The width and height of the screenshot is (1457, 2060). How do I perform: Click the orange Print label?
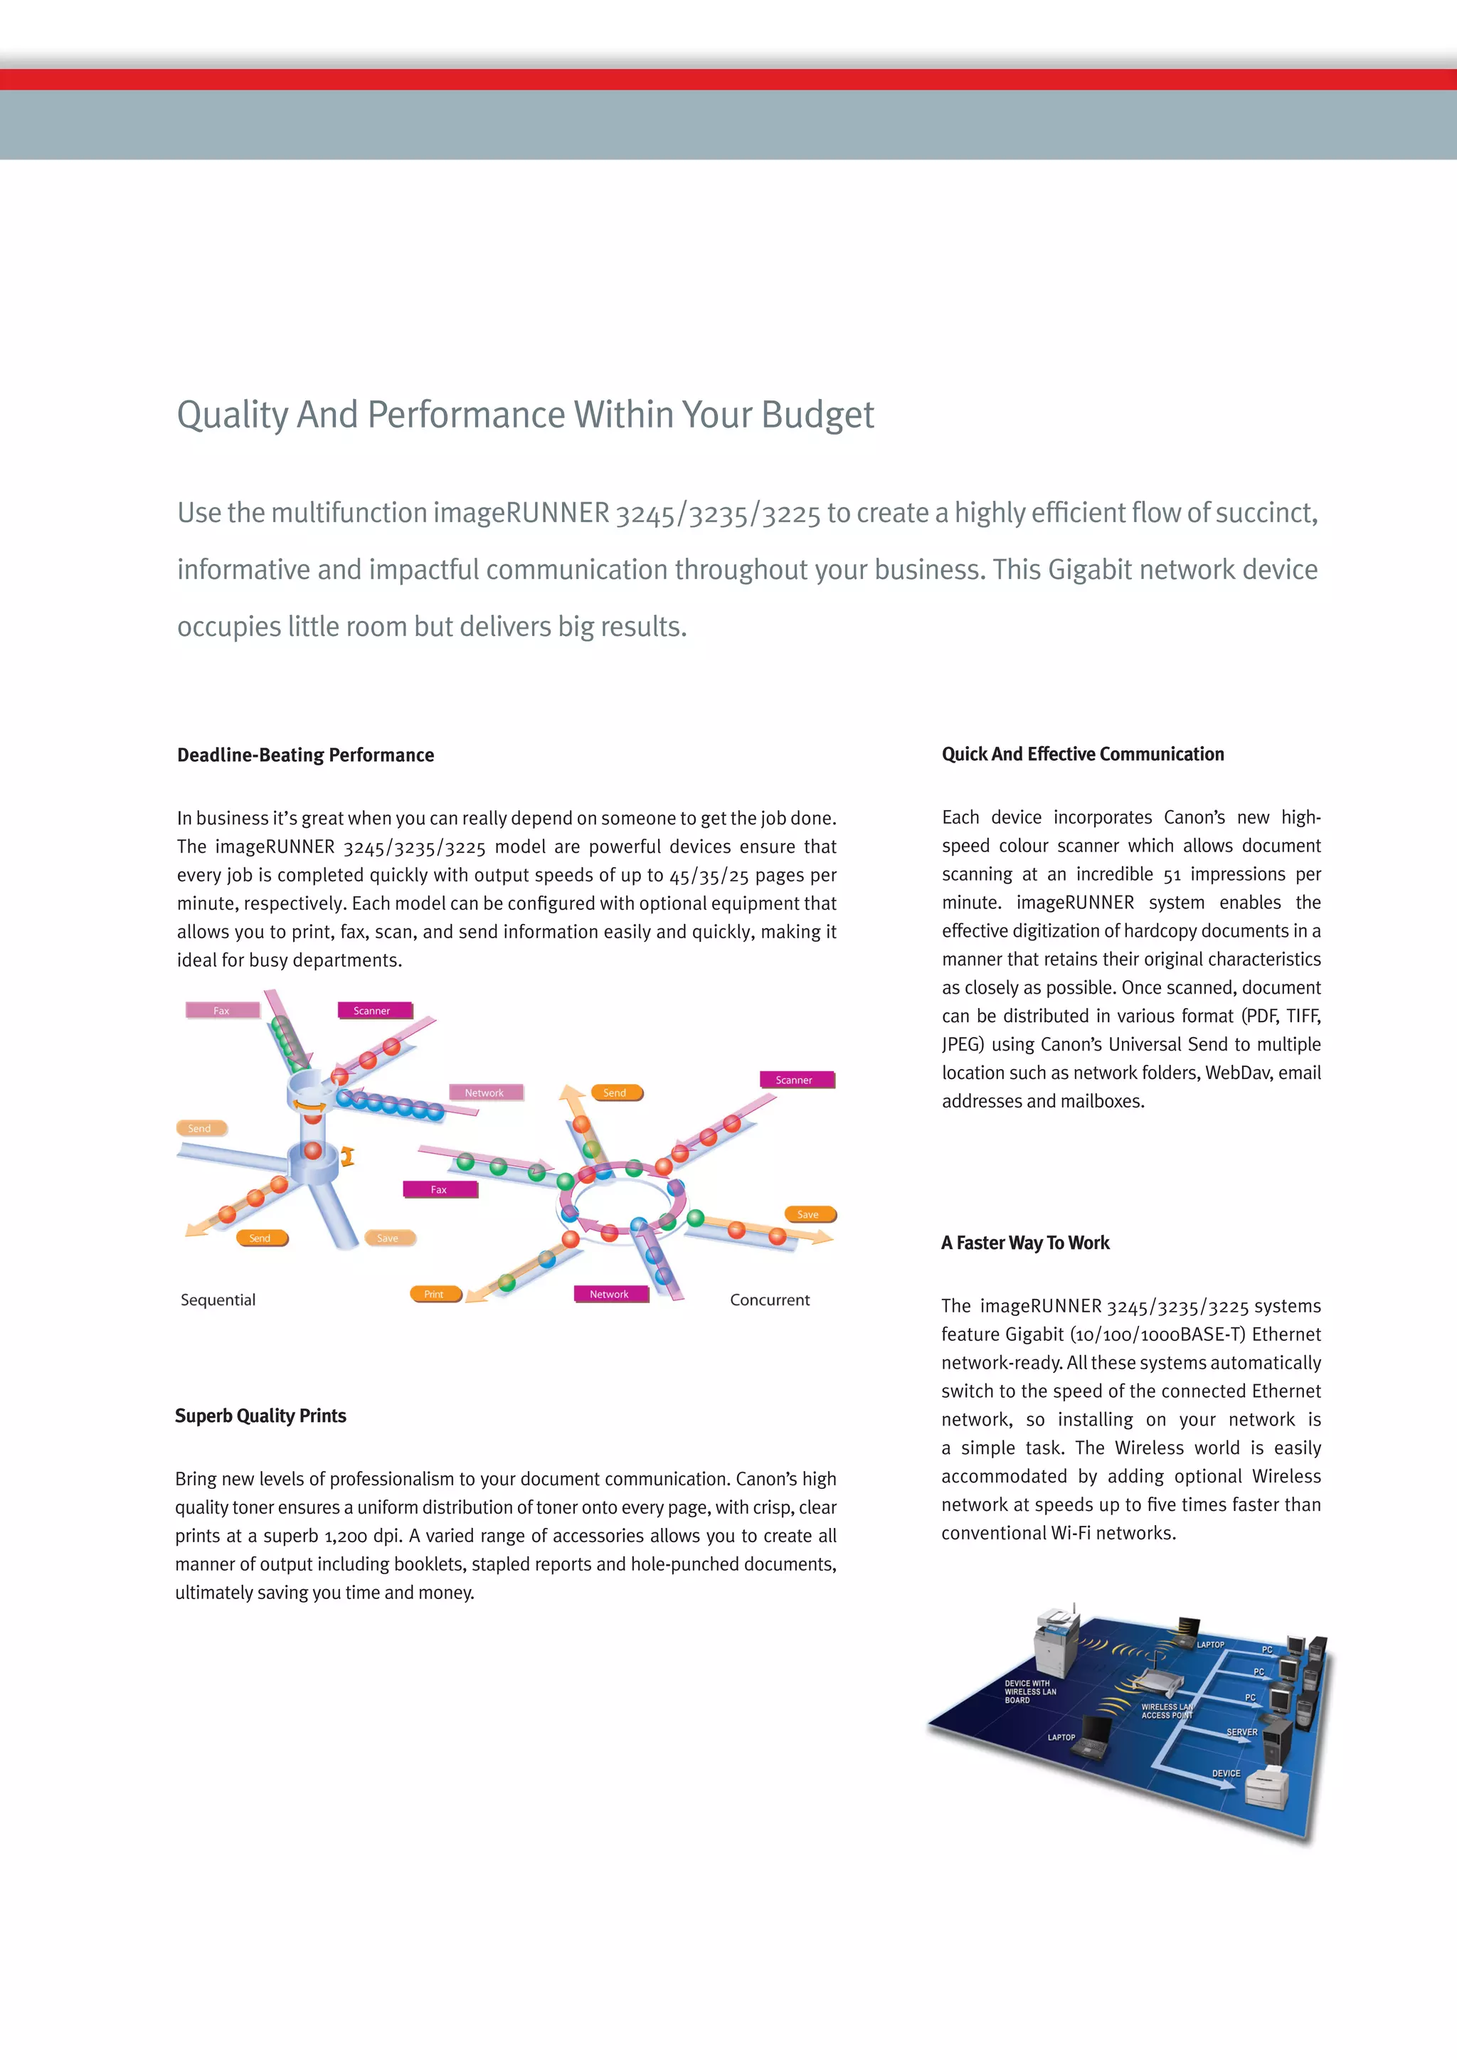(434, 1294)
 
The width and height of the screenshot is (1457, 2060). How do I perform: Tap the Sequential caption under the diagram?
(218, 1300)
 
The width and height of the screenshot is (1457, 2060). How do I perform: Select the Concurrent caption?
(769, 1300)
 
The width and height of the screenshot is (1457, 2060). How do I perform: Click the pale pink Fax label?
(221, 1010)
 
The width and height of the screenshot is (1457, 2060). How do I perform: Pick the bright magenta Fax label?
(439, 1190)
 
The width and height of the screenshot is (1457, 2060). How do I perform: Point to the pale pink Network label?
(484, 1093)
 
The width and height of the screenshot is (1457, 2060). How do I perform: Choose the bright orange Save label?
(808, 1215)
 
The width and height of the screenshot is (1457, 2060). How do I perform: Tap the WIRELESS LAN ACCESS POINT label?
(1166, 1711)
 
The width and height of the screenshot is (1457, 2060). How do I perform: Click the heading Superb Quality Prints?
(261, 1416)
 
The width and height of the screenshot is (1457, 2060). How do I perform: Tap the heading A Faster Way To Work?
(1025, 1243)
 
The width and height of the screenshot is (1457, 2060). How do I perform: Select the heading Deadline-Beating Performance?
(306, 755)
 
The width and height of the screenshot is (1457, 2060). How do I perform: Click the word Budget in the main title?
(817, 415)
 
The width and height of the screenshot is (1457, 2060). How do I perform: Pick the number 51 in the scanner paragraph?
(1172, 875)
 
